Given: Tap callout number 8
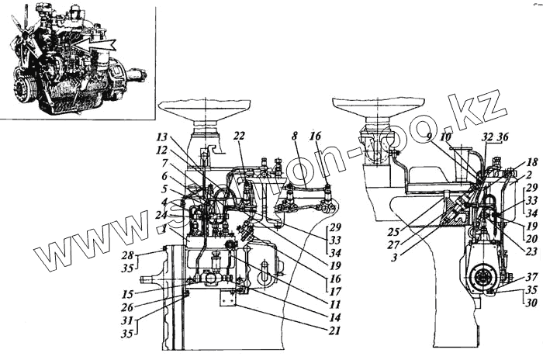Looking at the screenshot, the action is coord(295,137).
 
